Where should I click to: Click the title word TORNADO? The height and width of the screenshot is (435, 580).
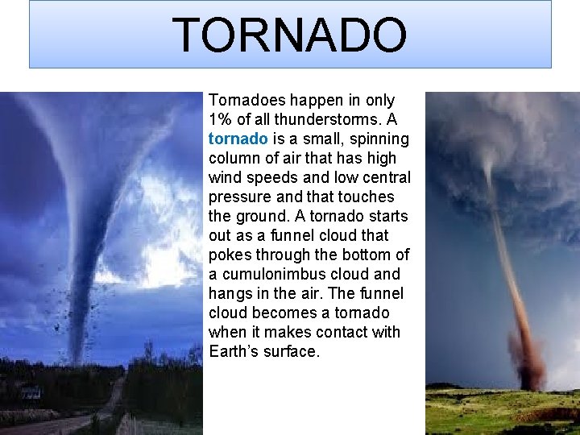pyautogui.click(x=289, y=35)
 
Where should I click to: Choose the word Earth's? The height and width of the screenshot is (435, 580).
pyautogui.click(x=234, y=352)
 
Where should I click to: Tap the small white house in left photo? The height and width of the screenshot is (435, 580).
pyautogui.click(x=31, y=393)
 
